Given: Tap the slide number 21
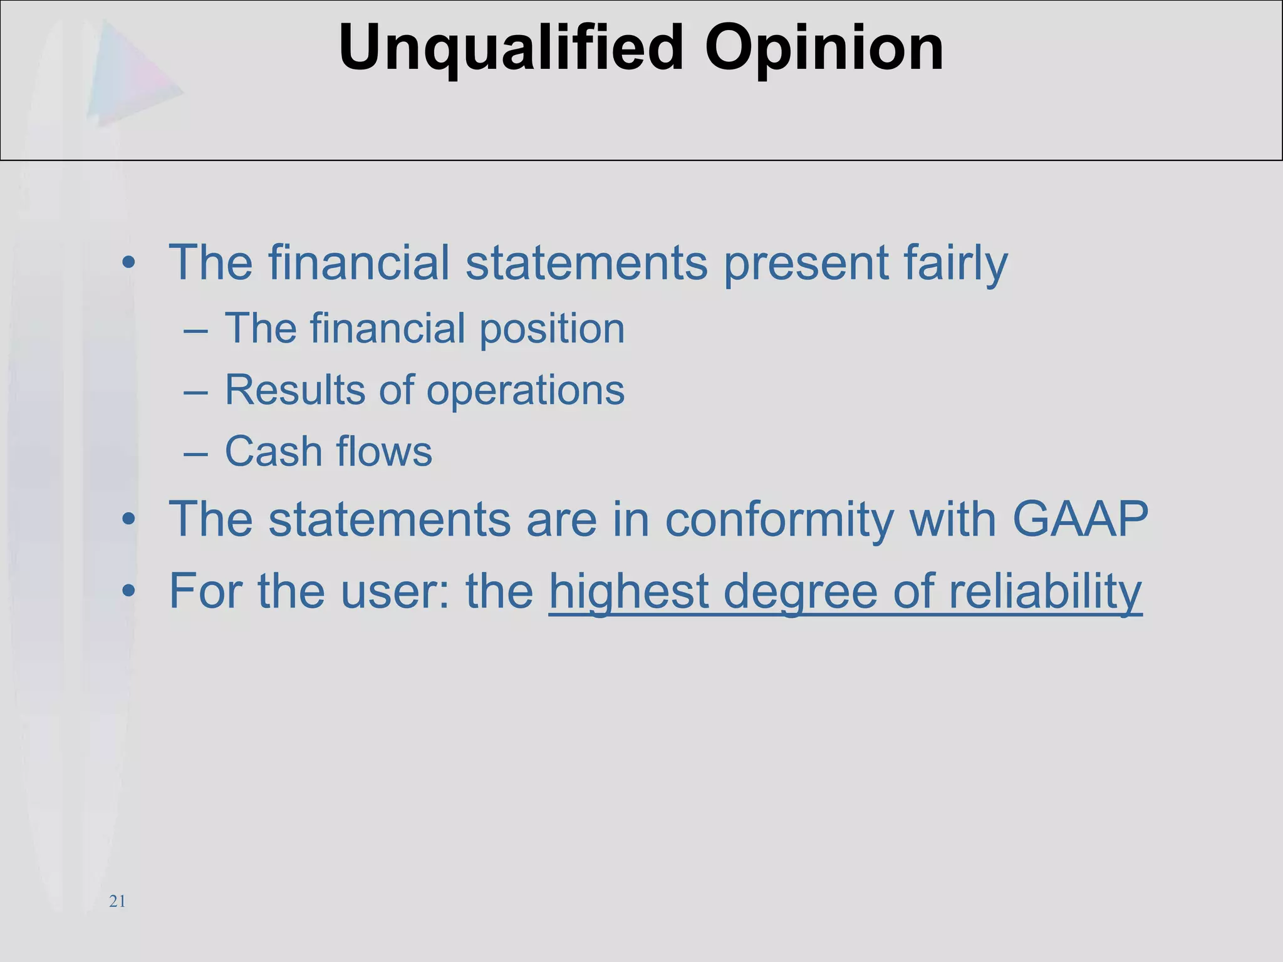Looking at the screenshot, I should [117, 902].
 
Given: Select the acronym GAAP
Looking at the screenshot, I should [1080, 519].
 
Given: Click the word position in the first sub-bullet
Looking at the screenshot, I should [552, 329].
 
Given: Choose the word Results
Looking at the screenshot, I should [294, 390].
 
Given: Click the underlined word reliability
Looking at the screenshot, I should [1045, 592].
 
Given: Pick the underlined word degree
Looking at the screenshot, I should [800, 593].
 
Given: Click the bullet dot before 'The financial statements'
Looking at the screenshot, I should [129, 263].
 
